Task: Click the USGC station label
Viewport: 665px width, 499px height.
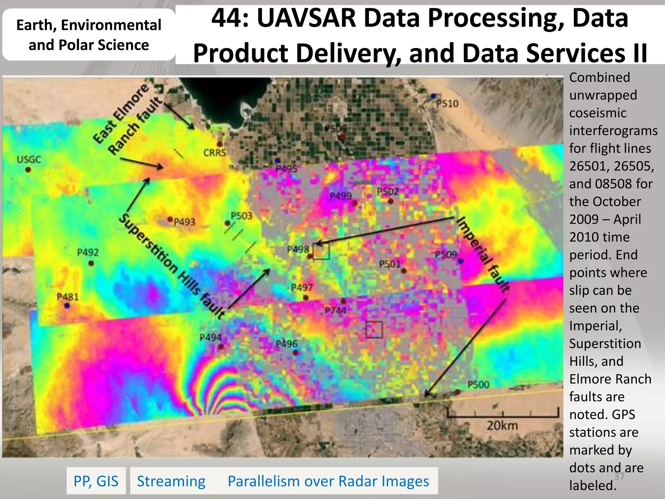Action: click(x=29, y=160)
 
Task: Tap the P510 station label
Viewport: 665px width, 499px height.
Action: click(x=447, y=104)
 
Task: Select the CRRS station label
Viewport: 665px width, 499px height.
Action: click(x=214, y=153)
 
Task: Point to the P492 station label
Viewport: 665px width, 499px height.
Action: click(x=88, y=252)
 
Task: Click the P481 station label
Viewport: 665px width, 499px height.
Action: click(x=68, y=297)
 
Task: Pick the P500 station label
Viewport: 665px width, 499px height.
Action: click(x=478, y=385)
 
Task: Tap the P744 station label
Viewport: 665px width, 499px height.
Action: click(x=335, y=311)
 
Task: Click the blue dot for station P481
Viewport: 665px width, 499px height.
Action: click(x=67, y=306)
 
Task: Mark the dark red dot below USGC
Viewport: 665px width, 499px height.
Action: click(x=28, y=170)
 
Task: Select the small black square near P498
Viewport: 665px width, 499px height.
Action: click(x=321, y=251)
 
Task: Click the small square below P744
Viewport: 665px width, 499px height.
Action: click(x=374, y=329)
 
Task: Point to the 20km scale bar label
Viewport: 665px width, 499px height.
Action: click(x=502, y=425)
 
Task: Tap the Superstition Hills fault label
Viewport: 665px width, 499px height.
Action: click(x=172, y=266)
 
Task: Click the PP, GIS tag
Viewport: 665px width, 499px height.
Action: click(x=96, y=481)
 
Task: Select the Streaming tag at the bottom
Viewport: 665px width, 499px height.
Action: click(x=171, y=481)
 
